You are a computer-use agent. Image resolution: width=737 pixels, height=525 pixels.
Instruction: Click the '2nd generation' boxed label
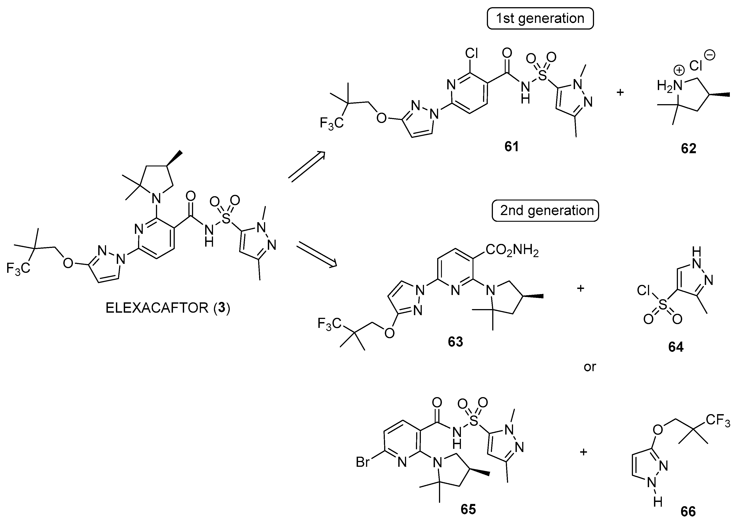point(545,211)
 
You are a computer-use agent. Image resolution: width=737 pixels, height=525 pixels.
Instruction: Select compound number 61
point(511,147)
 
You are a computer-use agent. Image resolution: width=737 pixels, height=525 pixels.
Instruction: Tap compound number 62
point(688,148)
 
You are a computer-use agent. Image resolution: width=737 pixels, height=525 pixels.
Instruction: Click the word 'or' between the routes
point(590,367)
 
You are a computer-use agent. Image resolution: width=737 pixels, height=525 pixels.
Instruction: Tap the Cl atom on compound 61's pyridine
point(471,53)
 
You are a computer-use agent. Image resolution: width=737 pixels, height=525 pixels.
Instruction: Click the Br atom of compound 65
point(362,462)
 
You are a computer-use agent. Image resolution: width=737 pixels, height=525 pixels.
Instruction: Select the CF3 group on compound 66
point(718,420)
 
